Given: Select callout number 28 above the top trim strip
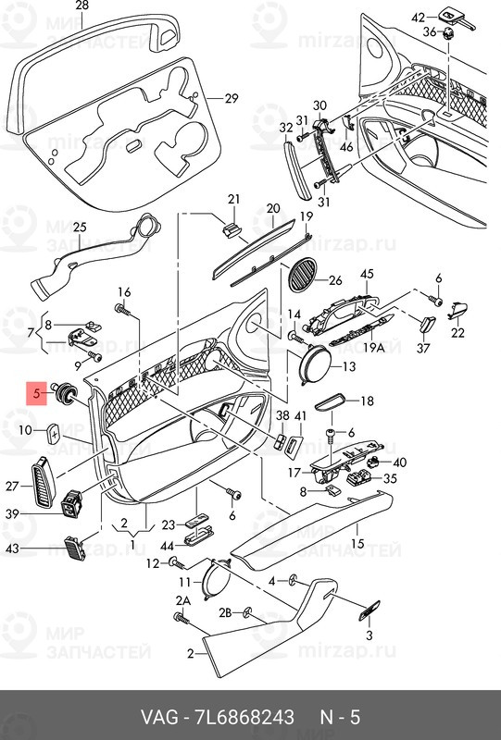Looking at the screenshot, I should pos(81,7).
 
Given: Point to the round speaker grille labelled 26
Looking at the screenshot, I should pos(302,278).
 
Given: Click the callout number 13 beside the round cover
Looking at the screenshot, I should pos(348,367).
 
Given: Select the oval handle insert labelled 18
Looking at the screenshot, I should pos(332,401).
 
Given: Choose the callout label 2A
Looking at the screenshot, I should pos(182,602).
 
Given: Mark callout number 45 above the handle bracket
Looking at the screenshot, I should pos(366,274).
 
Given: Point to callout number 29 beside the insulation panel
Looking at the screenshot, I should pos(231,99).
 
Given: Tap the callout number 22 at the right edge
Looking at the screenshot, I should pos(457,333).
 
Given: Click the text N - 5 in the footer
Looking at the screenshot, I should pos(339,718).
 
